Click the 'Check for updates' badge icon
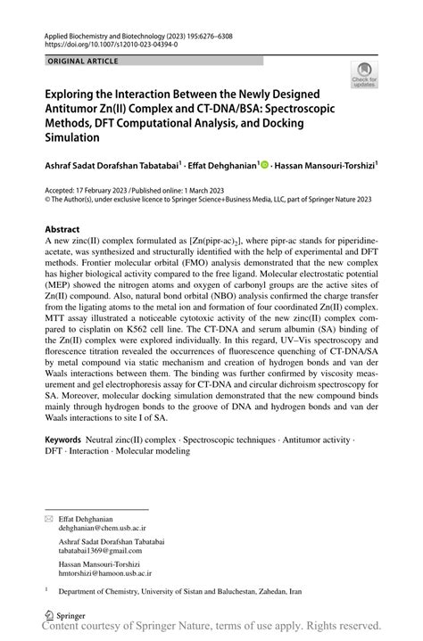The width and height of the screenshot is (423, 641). (364, 75)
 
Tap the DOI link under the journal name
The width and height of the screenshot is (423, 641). (108, 42)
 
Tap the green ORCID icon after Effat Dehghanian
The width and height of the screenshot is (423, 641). (264, 164)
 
